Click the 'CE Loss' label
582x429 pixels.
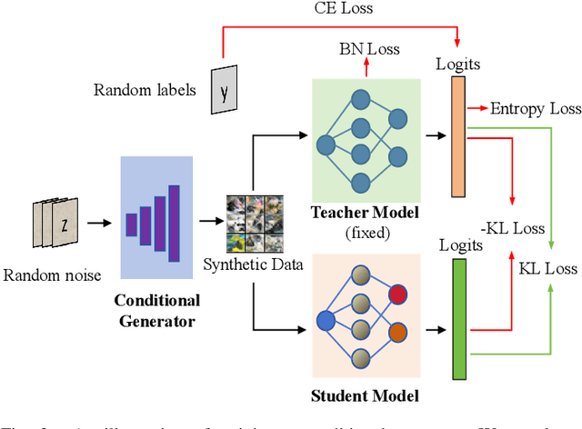click(x=338, y=10)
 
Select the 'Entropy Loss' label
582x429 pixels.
click(x=536, y=108)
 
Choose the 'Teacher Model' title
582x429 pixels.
click(x=366, y=213)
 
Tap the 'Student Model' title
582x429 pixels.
click(x=366, y=395)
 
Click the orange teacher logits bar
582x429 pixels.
click(x=457, y=137)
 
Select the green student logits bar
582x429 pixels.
click(x=458, y=318)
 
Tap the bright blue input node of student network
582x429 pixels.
click(x=325, y=320)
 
